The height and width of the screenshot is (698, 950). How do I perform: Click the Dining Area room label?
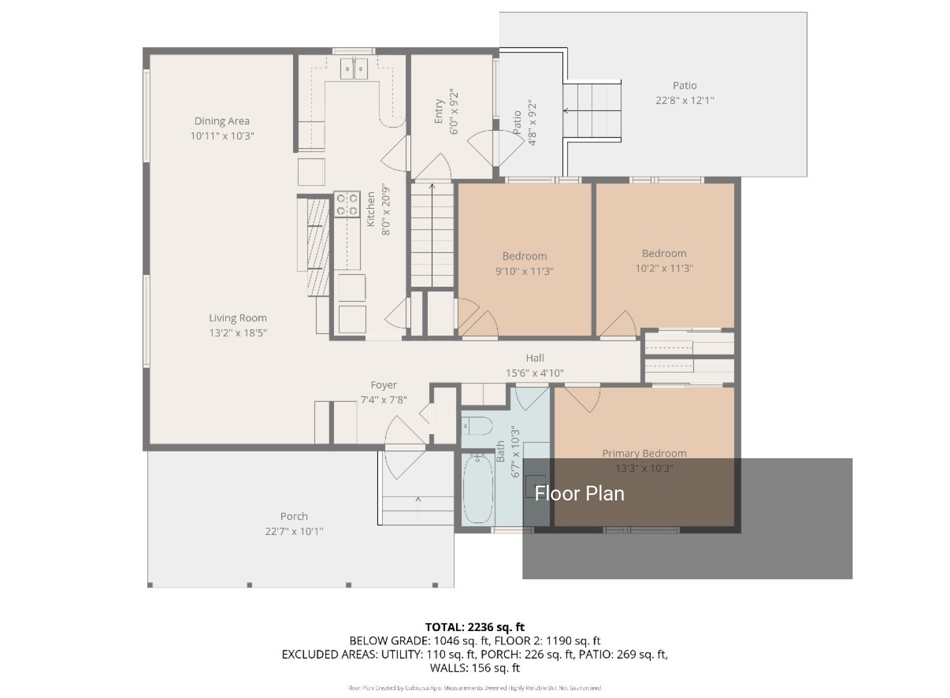coord(222,121)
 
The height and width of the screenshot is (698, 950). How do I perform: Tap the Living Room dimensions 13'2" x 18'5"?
coord(238,333)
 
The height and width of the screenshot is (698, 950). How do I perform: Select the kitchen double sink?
coord(354,70)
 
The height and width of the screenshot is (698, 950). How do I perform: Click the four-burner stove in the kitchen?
coord(347,204)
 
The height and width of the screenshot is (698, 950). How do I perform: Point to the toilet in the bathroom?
coord(477,426)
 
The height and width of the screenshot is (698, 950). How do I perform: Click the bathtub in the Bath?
coord(478,489)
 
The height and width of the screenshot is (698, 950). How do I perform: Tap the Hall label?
coord(535,358)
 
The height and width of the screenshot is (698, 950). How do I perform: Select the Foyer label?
coord(384,385)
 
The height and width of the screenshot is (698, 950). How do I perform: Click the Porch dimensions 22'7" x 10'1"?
coord(294,531)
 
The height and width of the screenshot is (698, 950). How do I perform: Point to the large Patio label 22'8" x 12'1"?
coord(684,93)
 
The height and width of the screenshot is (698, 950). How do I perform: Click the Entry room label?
coord(439,112)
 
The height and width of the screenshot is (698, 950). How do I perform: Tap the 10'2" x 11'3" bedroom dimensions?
coord(664,268)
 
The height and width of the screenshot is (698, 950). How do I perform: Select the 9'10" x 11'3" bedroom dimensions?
coord(524,271)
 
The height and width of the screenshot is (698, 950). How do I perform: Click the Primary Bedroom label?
coord(644,453)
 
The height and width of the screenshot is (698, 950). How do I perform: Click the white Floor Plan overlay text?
coord(579,494)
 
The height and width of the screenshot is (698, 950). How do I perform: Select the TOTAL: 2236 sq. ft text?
coord(475,627)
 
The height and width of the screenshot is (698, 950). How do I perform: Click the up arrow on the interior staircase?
coord(432,187)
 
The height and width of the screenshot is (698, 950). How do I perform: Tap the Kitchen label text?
coord(371,209)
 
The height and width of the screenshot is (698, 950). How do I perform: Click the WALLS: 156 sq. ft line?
coord(475,668)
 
